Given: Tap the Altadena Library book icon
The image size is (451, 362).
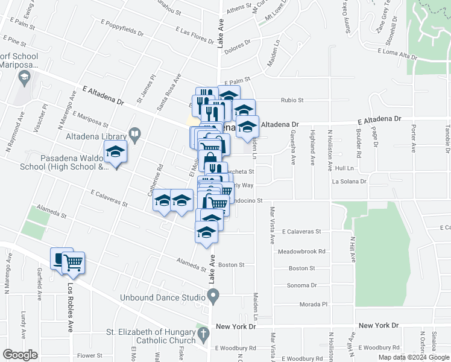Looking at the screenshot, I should (135, 133).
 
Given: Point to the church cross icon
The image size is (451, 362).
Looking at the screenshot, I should (203, 333).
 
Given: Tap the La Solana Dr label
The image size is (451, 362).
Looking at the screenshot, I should (349, 181).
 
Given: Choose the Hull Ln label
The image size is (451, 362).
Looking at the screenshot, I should (344, 168).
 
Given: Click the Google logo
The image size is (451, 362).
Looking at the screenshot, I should (19, 355).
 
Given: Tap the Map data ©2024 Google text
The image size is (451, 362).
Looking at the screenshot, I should (413, 357).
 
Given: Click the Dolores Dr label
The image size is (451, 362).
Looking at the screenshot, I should (238, 43).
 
